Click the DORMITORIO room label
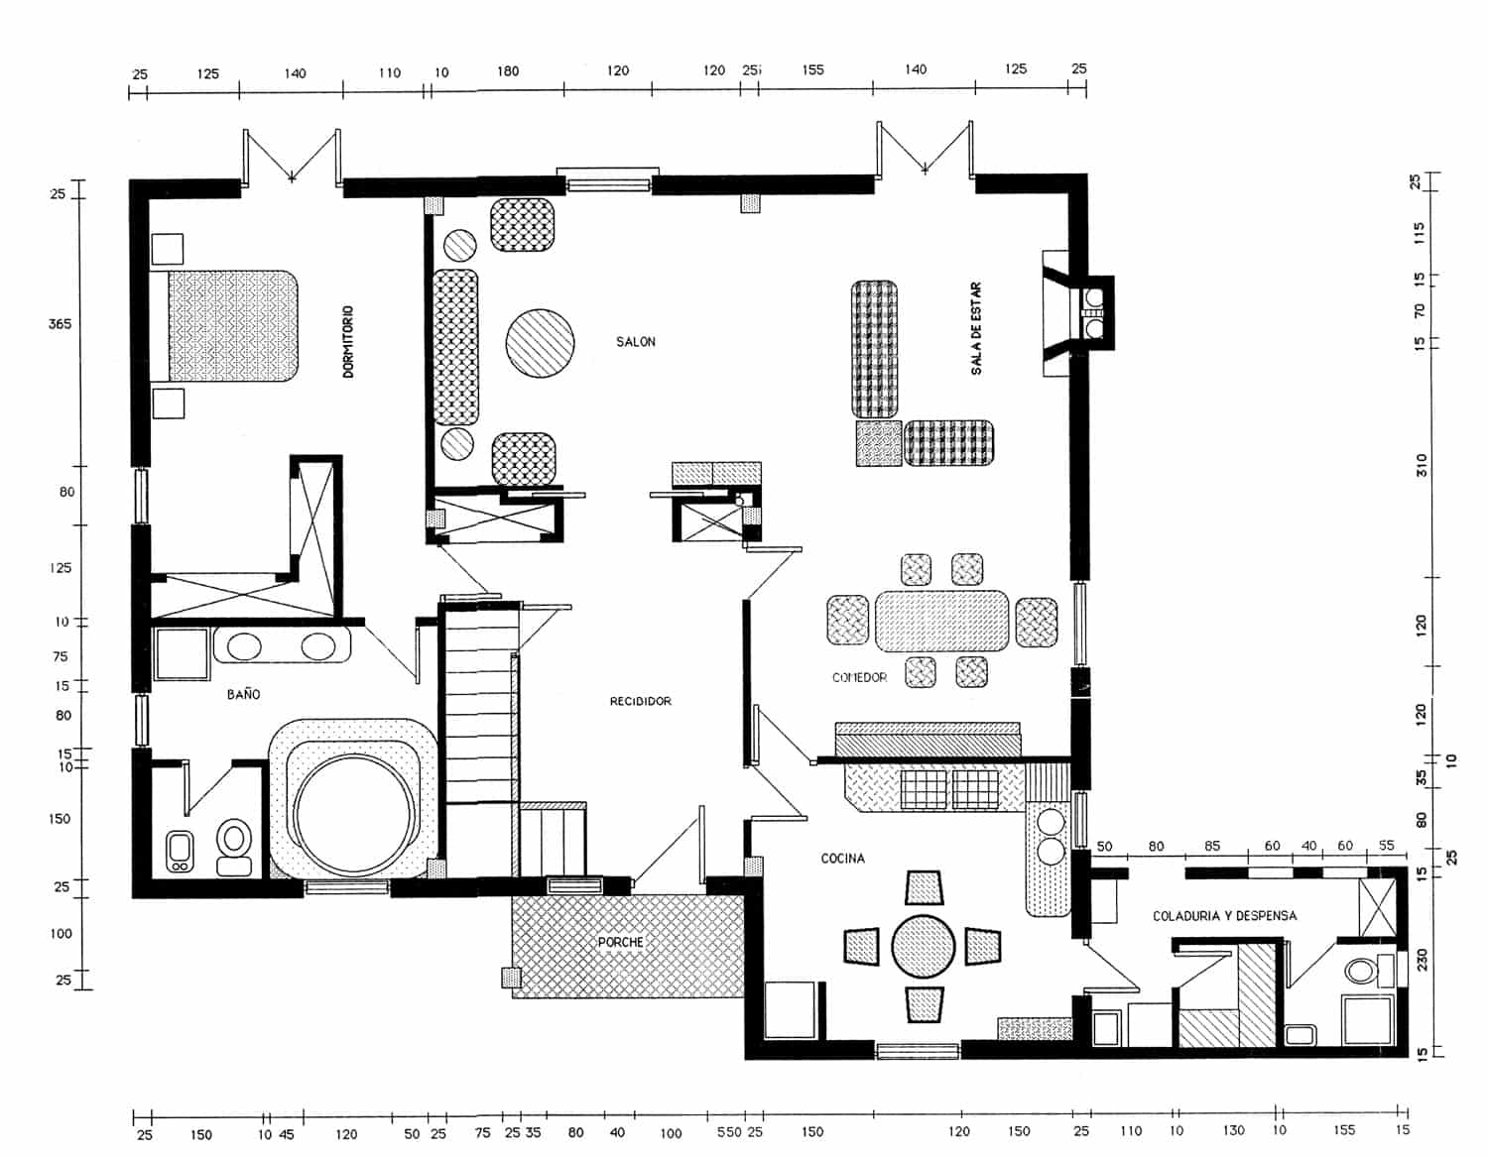coord(348,342)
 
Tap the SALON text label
coord(636,342)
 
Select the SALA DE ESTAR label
coord(976,329)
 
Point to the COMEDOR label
coord(859,678)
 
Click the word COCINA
coord(842,859)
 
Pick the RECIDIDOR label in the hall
coord(640,701)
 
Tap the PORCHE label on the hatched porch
coord(620,942)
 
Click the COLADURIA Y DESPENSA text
coord(1224,916)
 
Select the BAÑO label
coord(243,694)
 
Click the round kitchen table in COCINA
coord(923,947)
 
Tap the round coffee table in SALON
coord(540,342)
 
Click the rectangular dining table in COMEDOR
coord(941,622)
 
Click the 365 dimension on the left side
coord(60,324)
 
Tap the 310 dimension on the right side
coord(1422,465)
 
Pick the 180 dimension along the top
coord(507,71)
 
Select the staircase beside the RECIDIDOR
coord(478,709)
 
